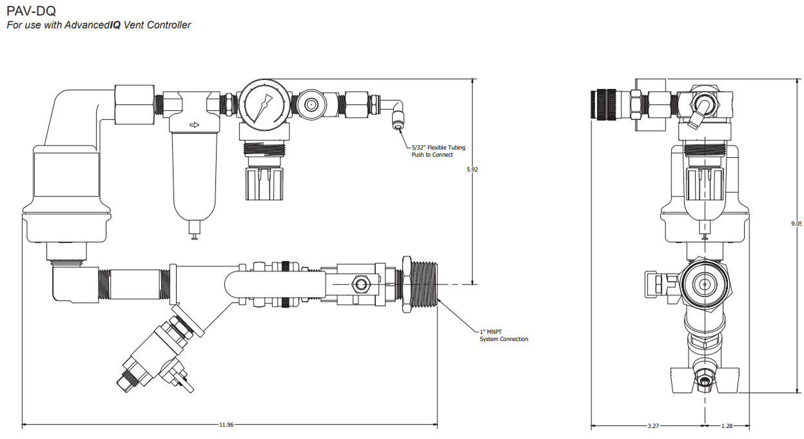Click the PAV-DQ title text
[31, 11]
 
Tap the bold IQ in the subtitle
[115, 24]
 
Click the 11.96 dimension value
[226, 425]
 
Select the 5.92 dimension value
[472, 170]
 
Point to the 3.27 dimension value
[653, 425]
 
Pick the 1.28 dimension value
[727, 425]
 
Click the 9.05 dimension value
[797, 223]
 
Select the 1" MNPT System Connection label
[504, 335]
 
